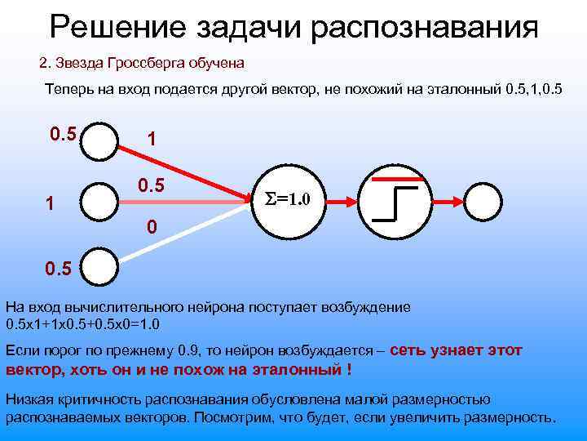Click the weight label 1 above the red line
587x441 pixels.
coord(150,139)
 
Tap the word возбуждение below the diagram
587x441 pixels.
coord(370,307)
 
